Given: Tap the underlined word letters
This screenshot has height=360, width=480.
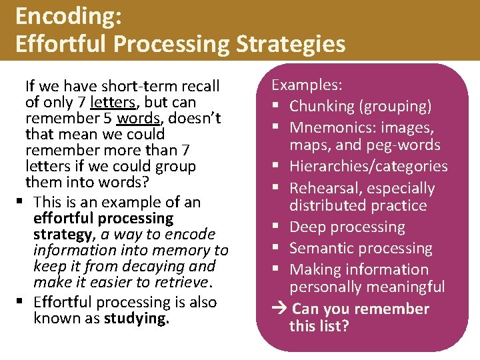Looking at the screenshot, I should coord(114,103).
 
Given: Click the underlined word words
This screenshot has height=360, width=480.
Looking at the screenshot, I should coord(139,119).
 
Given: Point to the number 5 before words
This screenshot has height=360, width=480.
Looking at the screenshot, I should coord(108,119).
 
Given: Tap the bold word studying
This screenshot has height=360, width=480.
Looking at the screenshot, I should coord(137,319).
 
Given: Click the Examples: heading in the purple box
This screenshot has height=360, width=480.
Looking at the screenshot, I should coord(307,85).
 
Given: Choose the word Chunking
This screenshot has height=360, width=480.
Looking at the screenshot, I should coord(321,106).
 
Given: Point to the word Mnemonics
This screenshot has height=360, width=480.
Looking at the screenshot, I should coord(330,127).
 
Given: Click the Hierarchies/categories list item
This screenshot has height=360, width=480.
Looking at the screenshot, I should coord(368,166).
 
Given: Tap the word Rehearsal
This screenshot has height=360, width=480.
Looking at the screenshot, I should coord(323,189).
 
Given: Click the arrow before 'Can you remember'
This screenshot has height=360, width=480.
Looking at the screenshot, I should coord(281,309).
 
